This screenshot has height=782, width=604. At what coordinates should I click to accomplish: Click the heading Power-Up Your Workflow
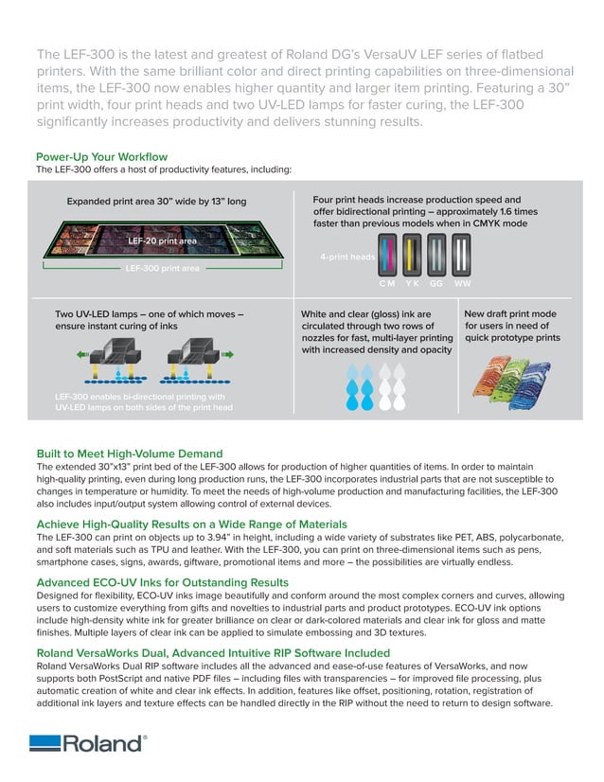[x=101, y=156]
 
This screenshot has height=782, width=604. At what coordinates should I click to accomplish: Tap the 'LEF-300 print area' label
[x=163, y=269]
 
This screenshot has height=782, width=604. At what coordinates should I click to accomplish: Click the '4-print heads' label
[x=346, y=257]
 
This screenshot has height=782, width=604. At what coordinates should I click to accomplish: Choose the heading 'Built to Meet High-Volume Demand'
[x=129, y=453]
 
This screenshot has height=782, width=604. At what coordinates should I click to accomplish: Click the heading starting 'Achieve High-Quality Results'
[x=191, y=524]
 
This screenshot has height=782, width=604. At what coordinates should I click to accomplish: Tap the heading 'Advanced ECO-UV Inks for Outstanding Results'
[x=175, y=582]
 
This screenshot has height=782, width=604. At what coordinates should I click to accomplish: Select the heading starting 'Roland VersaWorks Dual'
[x=212, y=652]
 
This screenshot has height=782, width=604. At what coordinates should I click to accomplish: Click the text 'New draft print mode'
[x=510, y=313]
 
